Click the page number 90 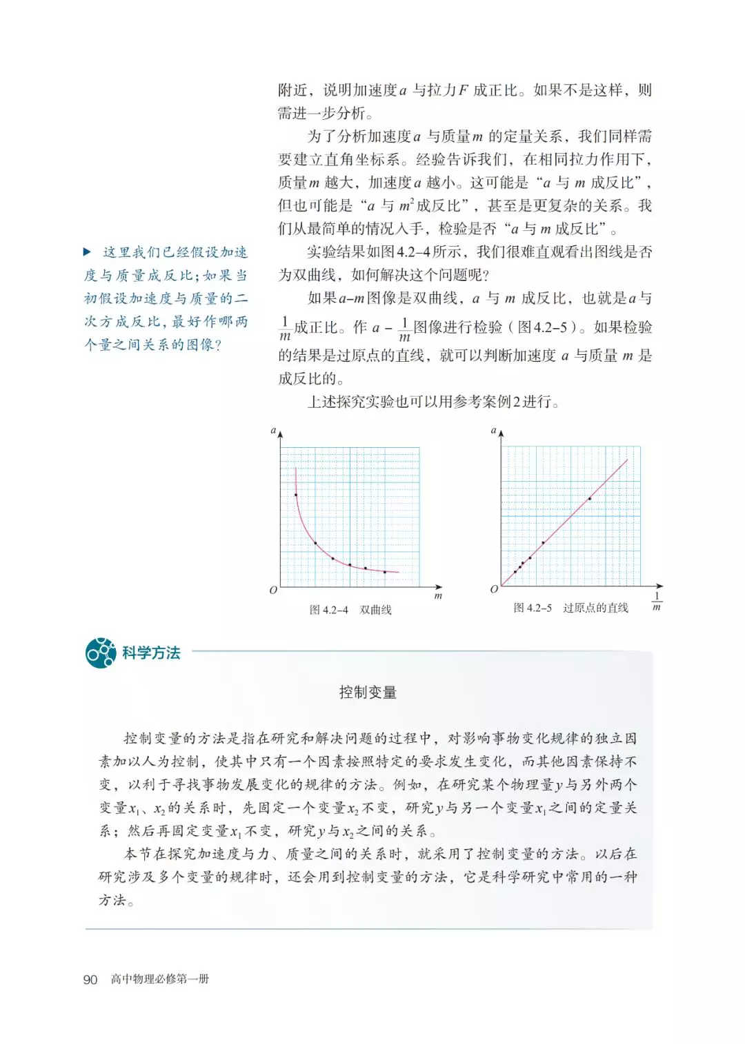90,979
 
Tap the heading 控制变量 368,692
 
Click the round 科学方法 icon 101,652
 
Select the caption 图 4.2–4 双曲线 350,610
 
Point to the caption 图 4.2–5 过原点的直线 570,608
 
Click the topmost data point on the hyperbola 296,495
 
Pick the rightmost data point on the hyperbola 385,572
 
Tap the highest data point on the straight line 590,498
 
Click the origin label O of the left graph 273,590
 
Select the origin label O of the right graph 494,589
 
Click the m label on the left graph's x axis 438,595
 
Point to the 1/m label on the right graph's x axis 657,601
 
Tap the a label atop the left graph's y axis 273,430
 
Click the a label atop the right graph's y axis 493,430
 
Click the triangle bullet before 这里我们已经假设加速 88,252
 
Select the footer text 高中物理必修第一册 160,979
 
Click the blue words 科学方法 151,653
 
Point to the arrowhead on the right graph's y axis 501,433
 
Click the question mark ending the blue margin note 218,345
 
